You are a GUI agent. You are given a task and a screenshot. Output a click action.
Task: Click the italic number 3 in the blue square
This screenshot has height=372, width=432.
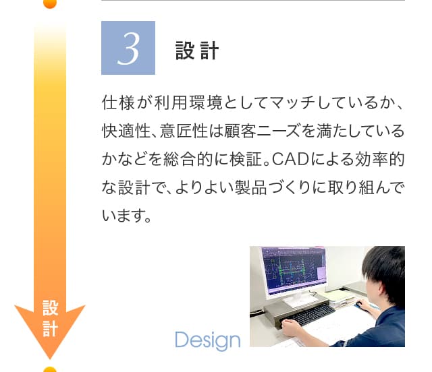[128, 49]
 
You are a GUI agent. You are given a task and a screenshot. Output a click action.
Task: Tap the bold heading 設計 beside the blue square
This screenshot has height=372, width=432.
[197, 51]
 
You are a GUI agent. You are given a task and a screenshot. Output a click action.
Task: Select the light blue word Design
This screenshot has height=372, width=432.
[208, 340]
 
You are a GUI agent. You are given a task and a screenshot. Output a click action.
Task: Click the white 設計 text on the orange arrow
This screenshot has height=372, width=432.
[50, 318]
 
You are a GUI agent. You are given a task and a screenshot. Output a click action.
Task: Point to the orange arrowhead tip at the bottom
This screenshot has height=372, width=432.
[50, 359]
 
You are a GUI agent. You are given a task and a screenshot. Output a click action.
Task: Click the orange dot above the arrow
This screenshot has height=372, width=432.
[50, 3]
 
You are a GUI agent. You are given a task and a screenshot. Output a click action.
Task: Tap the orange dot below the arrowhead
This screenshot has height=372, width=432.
[50, 369]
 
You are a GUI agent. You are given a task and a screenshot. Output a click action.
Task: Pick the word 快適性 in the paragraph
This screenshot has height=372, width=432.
[126, 131]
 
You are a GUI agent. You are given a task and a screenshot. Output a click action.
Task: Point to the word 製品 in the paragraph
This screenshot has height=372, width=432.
[250, 187]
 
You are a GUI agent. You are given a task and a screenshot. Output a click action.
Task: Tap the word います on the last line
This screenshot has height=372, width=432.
[122, 216]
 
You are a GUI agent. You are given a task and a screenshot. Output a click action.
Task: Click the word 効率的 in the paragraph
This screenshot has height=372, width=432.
[380, 159]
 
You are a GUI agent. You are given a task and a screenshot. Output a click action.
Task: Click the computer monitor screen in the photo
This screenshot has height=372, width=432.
[294, 270]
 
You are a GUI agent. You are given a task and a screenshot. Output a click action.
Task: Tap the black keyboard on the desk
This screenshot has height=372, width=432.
[312, 315]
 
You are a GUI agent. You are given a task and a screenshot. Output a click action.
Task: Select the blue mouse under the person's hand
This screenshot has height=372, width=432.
[358, 305]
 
